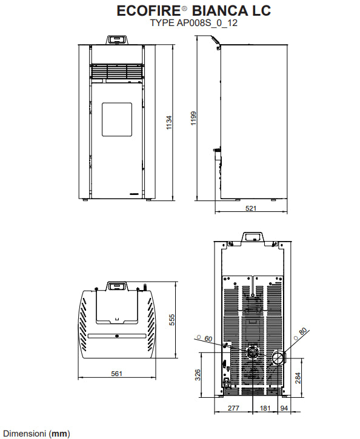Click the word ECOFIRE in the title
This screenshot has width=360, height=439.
point(148,11)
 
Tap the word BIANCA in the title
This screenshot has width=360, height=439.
point(220,11)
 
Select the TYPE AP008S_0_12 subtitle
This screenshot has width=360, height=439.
point(194,22)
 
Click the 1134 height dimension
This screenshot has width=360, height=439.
point(169,123)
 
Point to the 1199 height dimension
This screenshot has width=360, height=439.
point(193,119)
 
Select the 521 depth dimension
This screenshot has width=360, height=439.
point(251,208)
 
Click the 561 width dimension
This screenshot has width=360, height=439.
point(116,374)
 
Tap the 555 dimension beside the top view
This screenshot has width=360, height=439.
point(172,320)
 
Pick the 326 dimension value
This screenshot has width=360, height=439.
point(198,375)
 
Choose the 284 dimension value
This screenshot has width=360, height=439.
point(298,378)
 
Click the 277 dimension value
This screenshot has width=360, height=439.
point(233,408)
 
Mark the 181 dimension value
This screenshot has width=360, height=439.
point(265,408)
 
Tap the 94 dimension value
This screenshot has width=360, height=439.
point(284,408)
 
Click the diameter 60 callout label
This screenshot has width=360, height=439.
point(205,338)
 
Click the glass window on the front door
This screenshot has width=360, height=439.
point(117,119)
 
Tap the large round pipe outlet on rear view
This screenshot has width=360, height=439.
point(278,357)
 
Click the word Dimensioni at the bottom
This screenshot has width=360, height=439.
point(24,434)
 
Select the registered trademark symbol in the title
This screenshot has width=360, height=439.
point(184,8)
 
